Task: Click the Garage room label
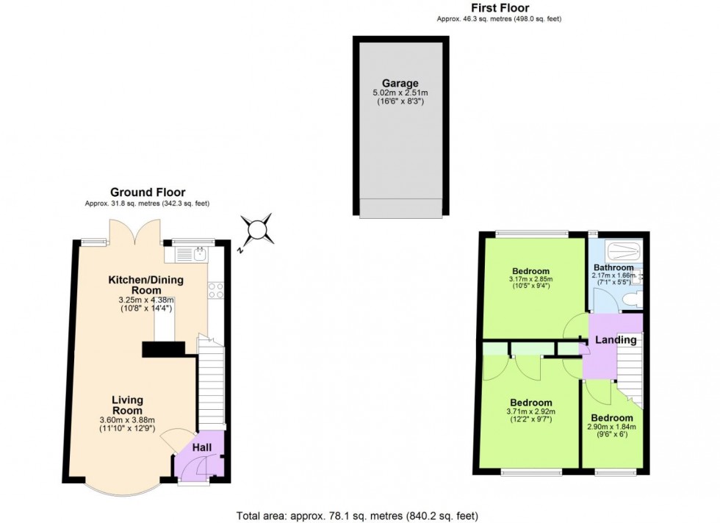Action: (x=400, y=83)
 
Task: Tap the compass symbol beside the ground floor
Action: (x=259, y=231)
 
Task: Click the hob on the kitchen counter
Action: (x=216, y=291)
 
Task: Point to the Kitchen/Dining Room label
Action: (x=146, y=285)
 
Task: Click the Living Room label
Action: (x=127, y=405)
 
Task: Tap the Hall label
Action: (x=202, y=447)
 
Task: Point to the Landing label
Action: (x=616, y=340)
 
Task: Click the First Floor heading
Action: (x=500, y=8)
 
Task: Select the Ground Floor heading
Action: (x=148, y=192)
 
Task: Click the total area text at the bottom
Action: (x=360, y=516)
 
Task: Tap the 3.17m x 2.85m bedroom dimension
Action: (x=530, y=282)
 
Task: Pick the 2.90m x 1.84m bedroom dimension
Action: (x=611, y=430)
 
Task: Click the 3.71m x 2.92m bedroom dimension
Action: (x=530, y=415)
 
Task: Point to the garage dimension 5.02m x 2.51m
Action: (x=400, y=97)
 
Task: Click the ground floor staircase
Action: (x=212, y=386)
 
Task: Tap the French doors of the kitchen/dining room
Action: (x=134, y=232)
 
